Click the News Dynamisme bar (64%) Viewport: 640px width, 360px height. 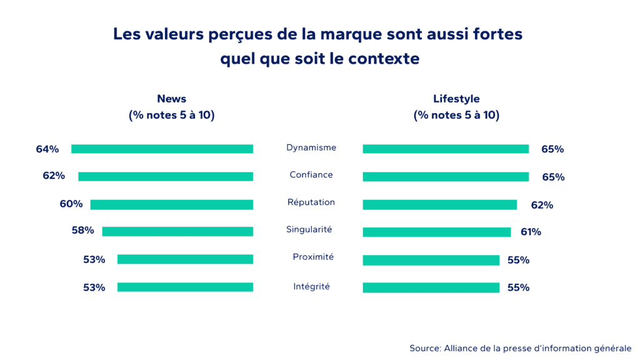[162, 149]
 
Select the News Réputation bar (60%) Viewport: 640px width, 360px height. [171, 204]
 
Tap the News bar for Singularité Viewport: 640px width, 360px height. [177, 231]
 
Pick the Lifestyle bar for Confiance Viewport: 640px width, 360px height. [446, 177]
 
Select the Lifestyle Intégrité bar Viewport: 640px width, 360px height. [431, 287]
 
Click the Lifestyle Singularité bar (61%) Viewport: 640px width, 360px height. [436, 232]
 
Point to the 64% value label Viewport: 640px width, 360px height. [47, 149]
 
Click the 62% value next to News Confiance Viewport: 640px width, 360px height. [54, 176]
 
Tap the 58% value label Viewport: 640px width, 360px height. [82, 231]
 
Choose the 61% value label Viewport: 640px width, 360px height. [531, 232]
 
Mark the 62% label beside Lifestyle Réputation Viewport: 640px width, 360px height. [542, 204]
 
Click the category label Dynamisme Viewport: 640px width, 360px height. [311, 147]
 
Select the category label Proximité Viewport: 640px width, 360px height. [313, 257]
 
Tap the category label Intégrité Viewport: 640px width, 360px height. [311, 286]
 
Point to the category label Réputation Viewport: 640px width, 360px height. [311, 202]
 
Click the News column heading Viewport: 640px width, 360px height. [171, 99]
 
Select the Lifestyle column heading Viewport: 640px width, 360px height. [456, 99]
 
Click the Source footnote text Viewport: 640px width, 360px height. [520, 348]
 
